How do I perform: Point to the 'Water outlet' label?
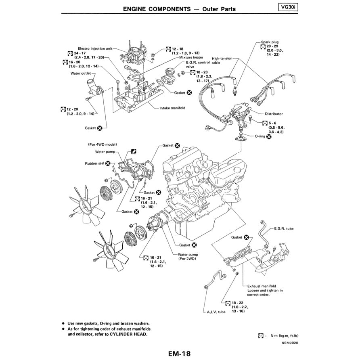coord(81,73)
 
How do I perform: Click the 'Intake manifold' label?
coord(172,108)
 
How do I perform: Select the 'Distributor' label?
coord(274,114)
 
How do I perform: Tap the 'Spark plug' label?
coord(270,42)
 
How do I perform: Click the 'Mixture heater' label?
coord(191,58)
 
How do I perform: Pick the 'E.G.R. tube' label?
coord(284,228)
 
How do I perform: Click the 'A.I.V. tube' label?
coord(216,312)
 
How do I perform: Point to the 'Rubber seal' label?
coord(94,163)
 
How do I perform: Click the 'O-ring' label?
coord(260,136)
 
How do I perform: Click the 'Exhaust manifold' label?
coord(262,285)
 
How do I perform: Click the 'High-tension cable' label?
coord(222,61)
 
